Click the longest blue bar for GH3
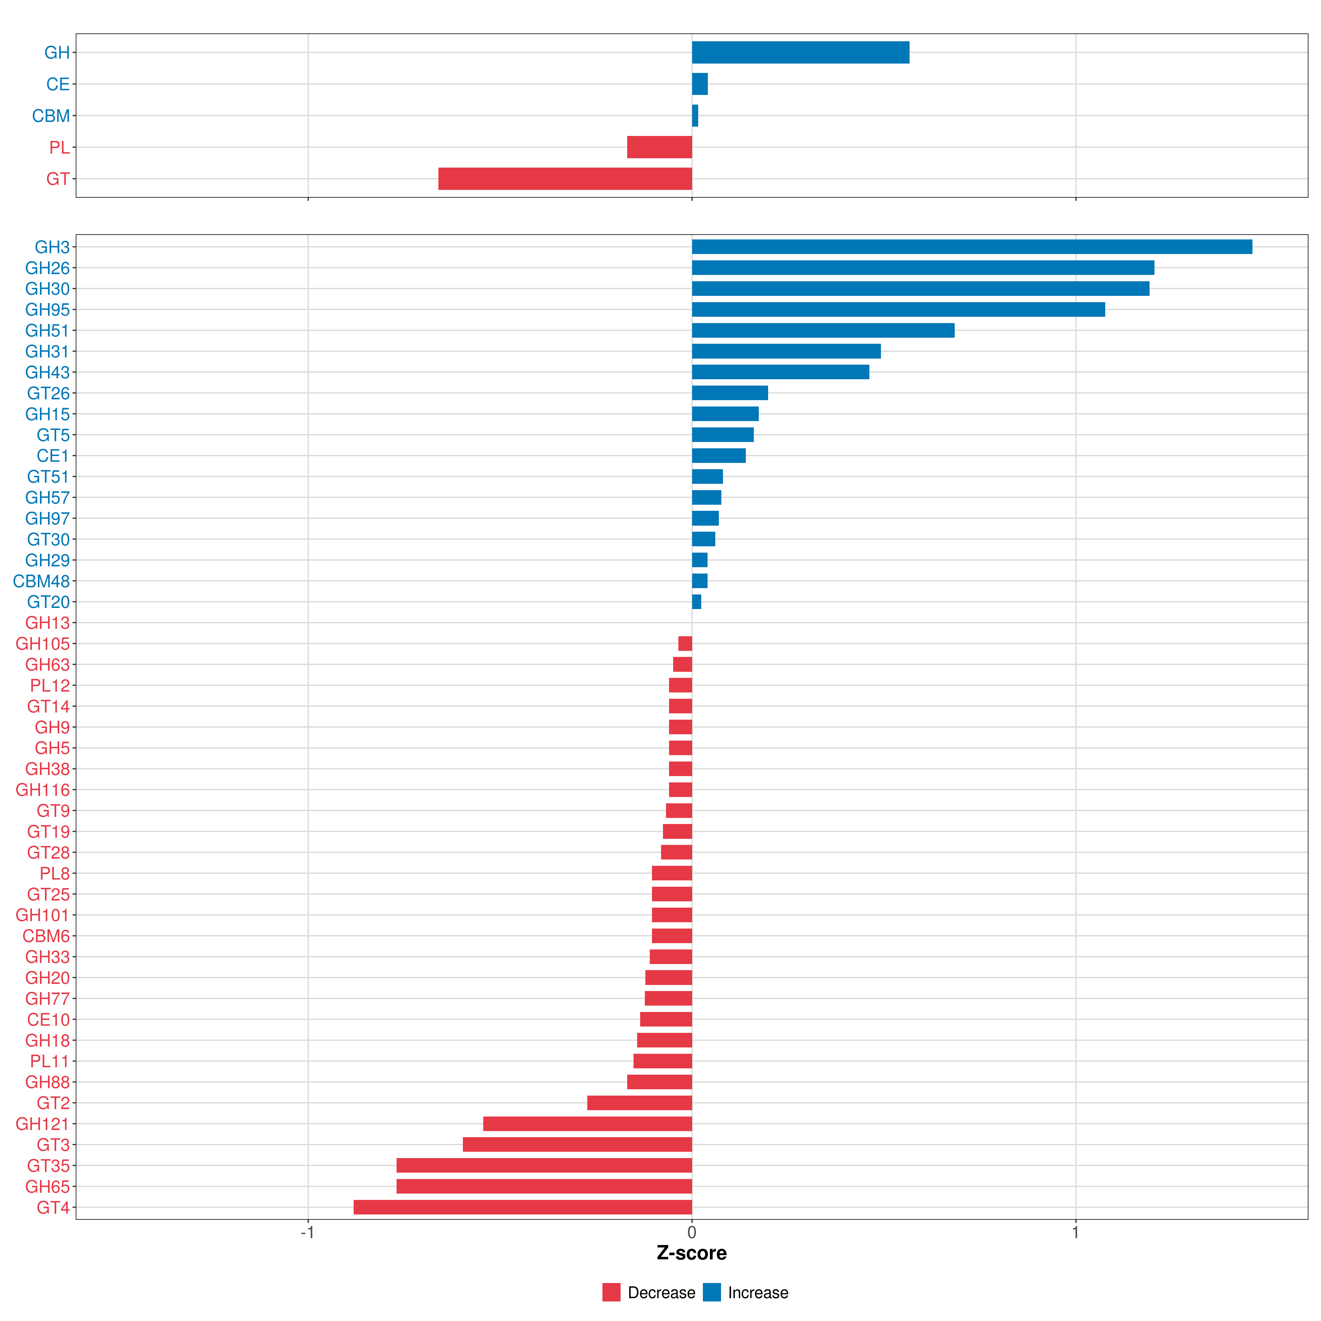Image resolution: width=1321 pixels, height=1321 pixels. (971, 247)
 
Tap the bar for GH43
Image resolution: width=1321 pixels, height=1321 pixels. (780, 372)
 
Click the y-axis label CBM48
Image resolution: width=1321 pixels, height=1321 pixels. (42, 581)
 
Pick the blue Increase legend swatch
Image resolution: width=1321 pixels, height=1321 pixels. (712, 1292)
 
